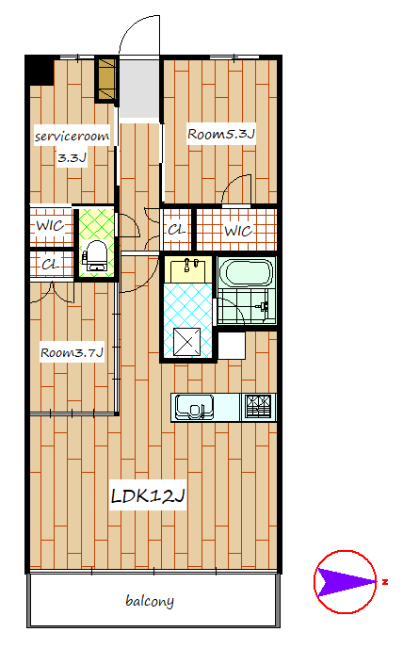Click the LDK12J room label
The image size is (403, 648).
148,495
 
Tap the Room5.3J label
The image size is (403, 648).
221,134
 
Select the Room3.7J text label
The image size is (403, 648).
72,352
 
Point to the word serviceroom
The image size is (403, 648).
72,137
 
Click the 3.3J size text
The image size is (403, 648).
72,157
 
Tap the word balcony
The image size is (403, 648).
150,601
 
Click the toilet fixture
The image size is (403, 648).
96,255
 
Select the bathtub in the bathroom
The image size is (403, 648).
246,272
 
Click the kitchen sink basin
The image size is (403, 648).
194,407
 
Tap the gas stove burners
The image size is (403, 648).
258,406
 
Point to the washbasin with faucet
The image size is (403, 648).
188,269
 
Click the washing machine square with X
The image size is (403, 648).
186,342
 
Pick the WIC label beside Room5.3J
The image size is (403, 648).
238,231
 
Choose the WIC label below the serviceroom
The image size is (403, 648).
50,226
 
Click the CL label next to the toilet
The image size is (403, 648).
51,264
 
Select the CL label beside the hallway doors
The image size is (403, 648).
176,230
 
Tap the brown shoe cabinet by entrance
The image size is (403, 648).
105,79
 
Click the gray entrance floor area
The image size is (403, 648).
139,89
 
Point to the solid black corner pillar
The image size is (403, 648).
40,71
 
